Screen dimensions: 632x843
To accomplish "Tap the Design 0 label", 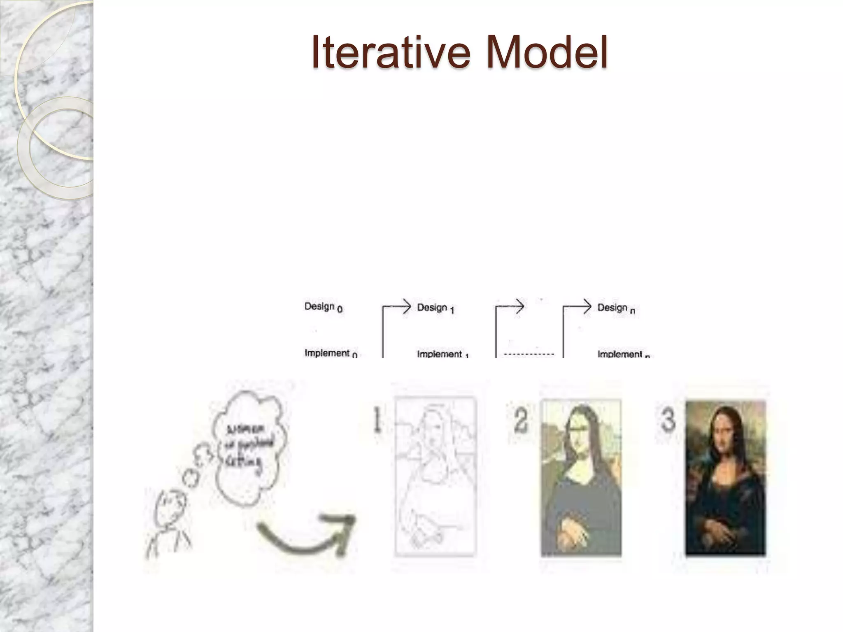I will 323,307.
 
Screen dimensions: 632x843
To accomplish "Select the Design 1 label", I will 435,308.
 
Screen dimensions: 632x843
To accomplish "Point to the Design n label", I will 616,308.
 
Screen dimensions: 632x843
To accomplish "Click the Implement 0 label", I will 331,353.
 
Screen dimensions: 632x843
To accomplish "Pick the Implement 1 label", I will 443,354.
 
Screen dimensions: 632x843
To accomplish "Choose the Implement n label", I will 623,354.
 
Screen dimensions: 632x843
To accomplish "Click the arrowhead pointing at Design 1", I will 407,307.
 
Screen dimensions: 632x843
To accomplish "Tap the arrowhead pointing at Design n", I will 587,307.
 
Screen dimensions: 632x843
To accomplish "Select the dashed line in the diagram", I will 529,354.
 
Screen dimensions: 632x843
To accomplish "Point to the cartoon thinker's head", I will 170,508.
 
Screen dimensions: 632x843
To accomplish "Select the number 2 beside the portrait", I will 521,421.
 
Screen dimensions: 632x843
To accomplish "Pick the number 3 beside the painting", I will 668,420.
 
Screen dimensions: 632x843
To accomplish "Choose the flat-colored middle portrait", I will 581,477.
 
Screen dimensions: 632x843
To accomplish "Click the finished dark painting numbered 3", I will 725,477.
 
